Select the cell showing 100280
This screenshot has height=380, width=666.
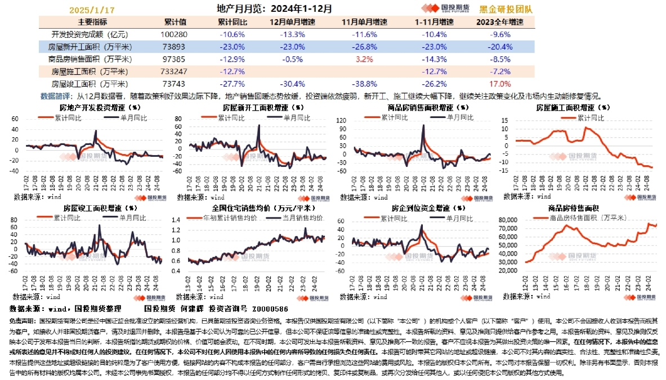(x=175, y=34)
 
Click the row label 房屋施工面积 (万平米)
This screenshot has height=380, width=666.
(x=90, y=71)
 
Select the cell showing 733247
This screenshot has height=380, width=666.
(x=175, y=71)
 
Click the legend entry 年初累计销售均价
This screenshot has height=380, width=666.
(x=230, y=218)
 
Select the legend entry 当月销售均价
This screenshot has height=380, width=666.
(x=300, y=218)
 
